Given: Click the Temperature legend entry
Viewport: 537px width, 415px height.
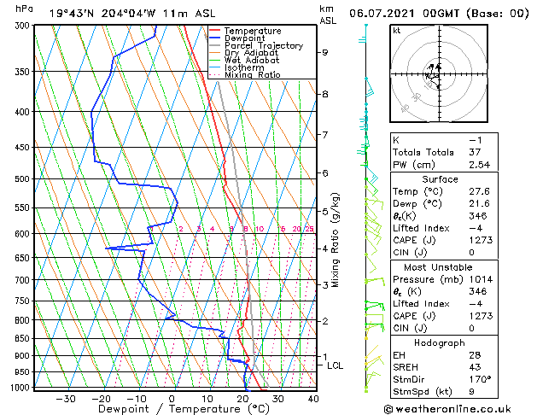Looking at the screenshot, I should coord(253,31).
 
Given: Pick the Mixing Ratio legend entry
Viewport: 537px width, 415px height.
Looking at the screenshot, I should coord(252,75).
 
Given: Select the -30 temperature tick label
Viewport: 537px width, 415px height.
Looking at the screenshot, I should coord(66,398).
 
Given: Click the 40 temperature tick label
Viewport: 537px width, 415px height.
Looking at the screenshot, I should coord(313,398).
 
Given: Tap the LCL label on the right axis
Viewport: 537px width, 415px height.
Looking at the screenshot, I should coord(336,365).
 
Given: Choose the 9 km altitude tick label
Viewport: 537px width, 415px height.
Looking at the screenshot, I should coord(325,52).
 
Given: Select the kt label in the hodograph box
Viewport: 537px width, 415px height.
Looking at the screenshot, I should coord(396,31).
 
